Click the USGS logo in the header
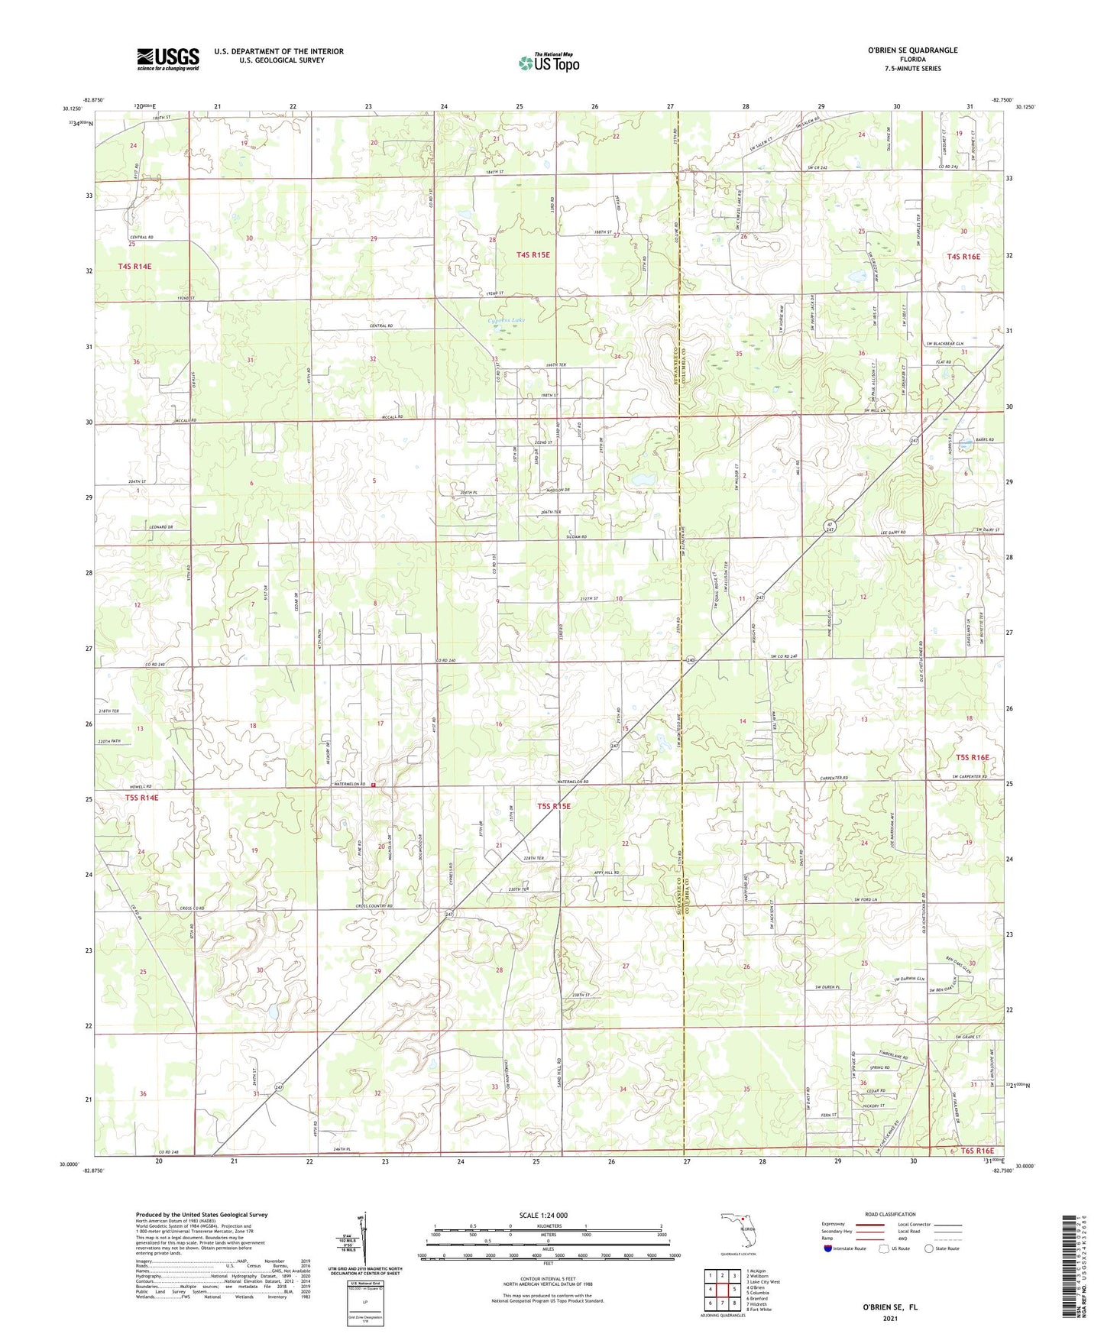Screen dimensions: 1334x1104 pos(167,59)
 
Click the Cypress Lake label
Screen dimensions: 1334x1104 pos(507,320)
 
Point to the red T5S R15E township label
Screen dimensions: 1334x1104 pos(554,806)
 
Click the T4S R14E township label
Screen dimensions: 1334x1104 pos(134,266)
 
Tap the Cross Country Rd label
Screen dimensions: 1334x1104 pos(374,906)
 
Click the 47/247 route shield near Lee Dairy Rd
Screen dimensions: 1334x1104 pos(830,526)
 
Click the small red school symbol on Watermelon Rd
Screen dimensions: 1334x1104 pos(374,785)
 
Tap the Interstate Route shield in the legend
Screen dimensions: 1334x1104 pos(829,1248)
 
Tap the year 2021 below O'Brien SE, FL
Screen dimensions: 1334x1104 pos(889,1318)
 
